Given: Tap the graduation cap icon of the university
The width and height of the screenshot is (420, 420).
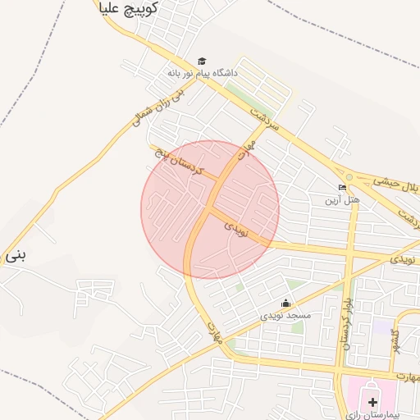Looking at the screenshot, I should click(x=202, y=61).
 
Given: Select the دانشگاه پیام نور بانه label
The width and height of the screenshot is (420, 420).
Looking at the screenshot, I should click(x=202, y=73).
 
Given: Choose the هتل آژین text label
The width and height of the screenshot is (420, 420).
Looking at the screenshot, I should click(x=342, y=199).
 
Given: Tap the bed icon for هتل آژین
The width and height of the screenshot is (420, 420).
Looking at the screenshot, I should click(x=342, y=188).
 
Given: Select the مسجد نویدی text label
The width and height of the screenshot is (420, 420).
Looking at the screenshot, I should click(x=286, y=315).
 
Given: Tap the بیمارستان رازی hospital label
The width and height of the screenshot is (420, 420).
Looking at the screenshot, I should click(x=373, y=414).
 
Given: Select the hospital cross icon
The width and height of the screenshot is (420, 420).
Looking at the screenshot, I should click(x=373, y=401).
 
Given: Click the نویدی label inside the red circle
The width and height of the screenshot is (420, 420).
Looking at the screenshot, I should click(x=236, y=227).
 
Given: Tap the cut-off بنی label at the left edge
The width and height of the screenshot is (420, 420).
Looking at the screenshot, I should click(x=15, y=255).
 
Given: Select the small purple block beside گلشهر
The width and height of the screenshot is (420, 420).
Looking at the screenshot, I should click(x=382, y=326).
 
